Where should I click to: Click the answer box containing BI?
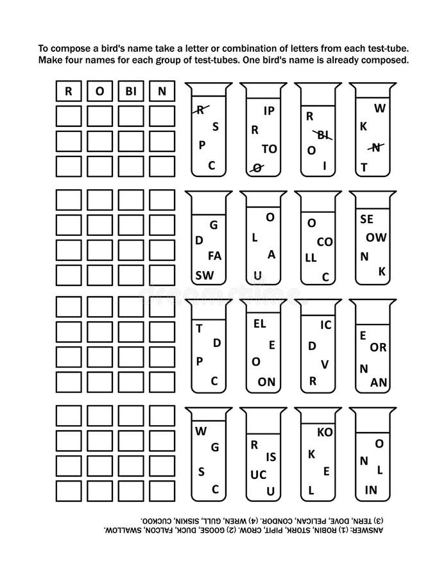point(131,91)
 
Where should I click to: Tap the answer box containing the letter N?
point(162,91)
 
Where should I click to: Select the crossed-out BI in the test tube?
point(322,135)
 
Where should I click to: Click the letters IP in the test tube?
point(270,110)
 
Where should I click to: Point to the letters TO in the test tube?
point(270,149)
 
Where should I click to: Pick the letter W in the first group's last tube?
point(380,108)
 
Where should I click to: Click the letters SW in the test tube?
point(205,275)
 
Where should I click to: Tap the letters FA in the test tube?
point(215,255)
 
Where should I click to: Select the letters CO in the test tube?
point(325,242)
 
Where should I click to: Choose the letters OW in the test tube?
point(376,237)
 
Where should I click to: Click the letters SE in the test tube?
point(367,219)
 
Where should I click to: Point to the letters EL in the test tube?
point(260,324)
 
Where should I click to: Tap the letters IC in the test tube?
point(326,325)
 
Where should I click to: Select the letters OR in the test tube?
point(378,347)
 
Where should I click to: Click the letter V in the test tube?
point(325,364)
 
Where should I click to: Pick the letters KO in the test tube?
point(325,432)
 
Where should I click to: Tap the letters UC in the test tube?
point(258,474)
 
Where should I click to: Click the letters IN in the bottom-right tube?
point(371,490)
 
